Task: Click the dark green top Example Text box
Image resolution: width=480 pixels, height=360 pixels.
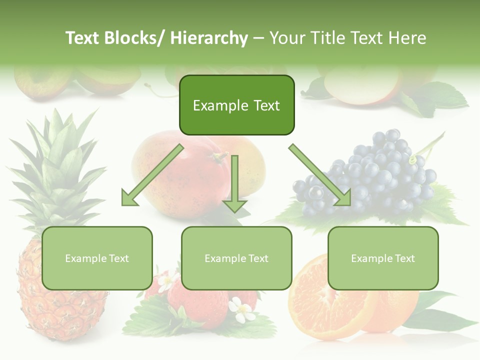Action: (236, 105)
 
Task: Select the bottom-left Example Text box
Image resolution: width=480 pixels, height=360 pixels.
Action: (97, 258)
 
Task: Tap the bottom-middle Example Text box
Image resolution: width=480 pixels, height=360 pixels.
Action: (236, 258)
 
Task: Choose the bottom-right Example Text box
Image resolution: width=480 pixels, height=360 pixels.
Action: (383, 258)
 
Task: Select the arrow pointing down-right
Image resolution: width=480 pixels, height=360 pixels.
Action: (320, 175)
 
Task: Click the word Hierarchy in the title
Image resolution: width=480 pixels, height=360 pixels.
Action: (209, 38)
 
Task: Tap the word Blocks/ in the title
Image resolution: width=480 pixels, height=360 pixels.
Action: (136, 38)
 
